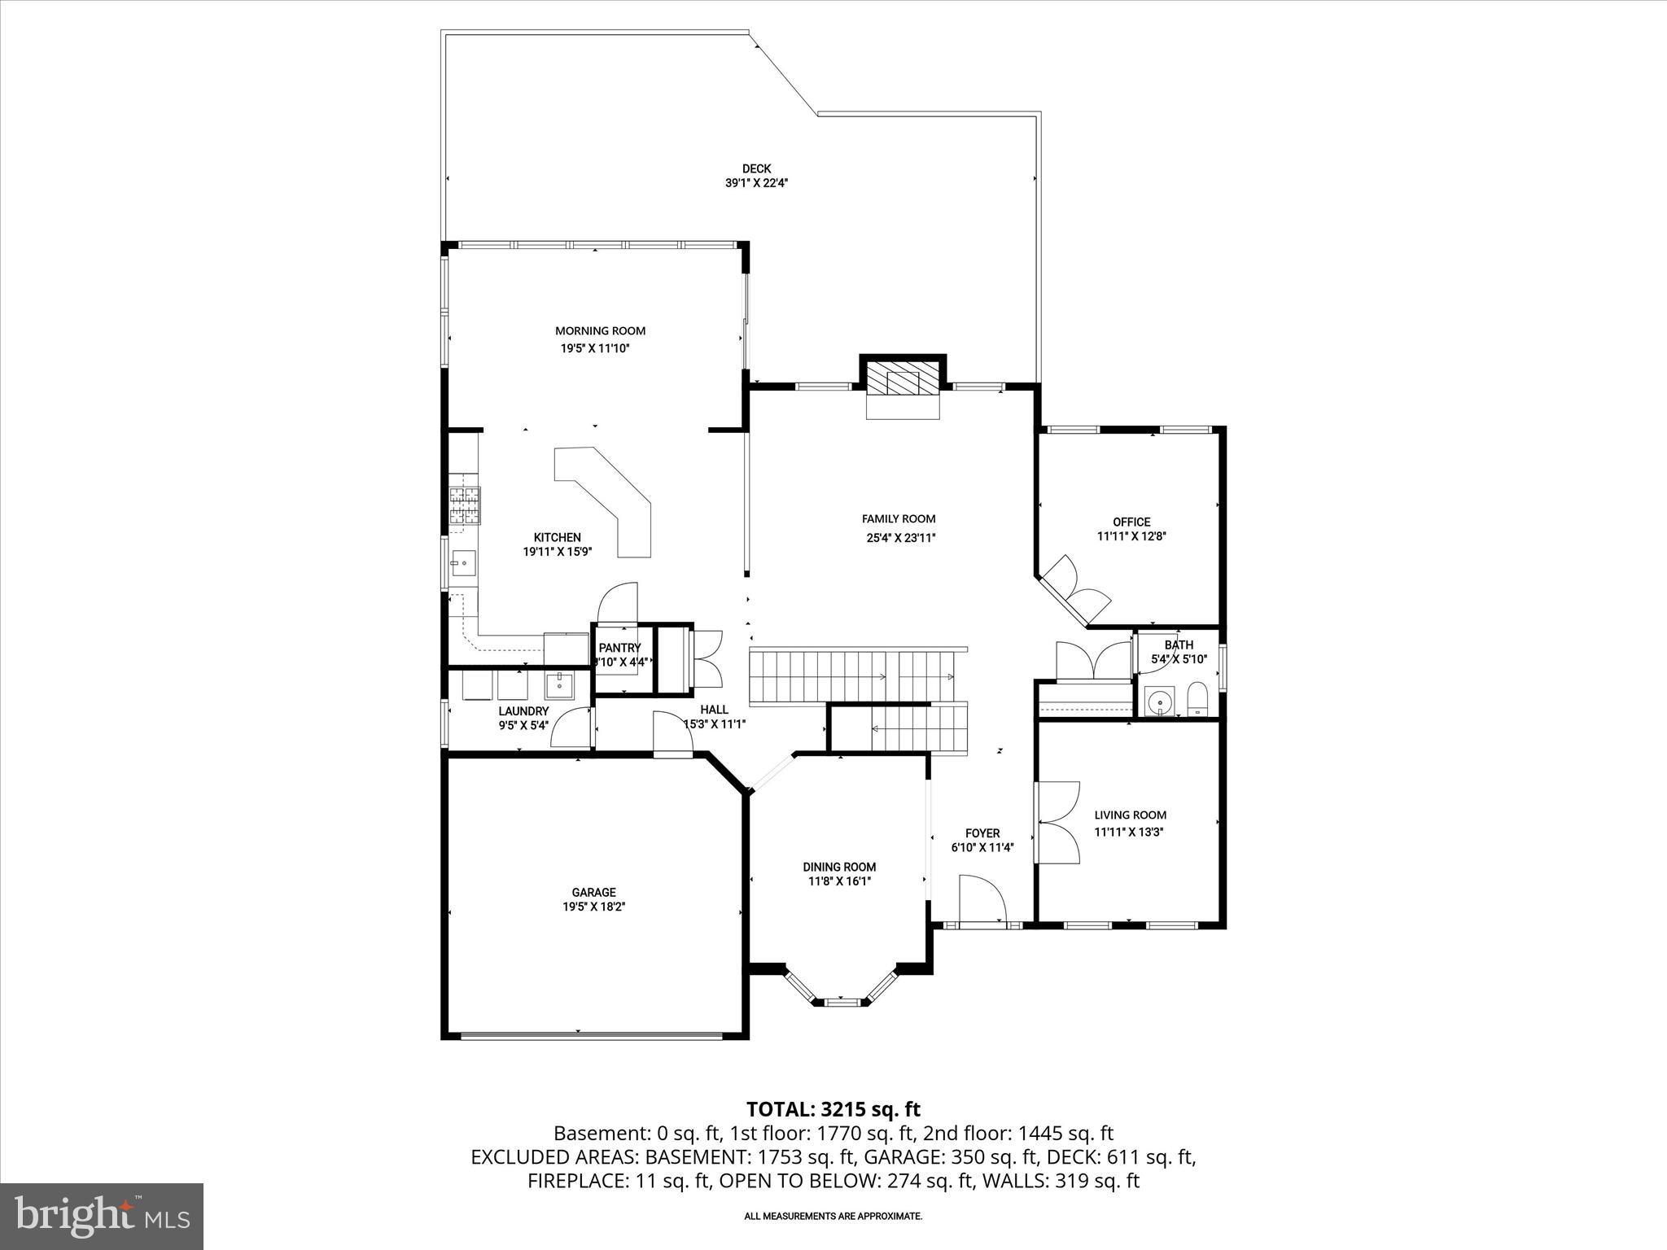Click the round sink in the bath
tap(1158, 701)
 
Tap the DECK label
tap(756, 168)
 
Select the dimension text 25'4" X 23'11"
tap(899, 537)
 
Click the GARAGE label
tap(593, 892)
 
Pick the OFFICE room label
tap(1131, 522)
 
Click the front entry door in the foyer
tap(983, 900)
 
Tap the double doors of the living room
tap(1057, 822)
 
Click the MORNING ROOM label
tap(600, 330)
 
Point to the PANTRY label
tap(619, 648)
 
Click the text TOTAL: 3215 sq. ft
tap(833, 1109)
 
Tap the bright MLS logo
tap(102, 1216)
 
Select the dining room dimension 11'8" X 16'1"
tap(838, 881)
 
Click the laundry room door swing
tap(571, 728)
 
